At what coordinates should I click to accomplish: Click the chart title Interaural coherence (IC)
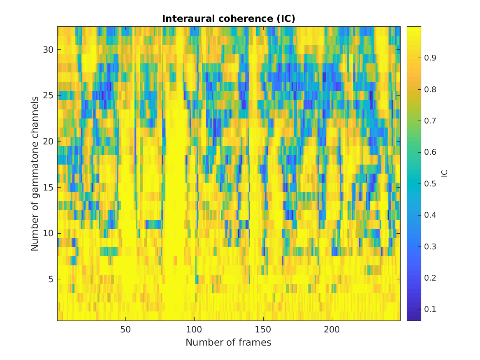[229, 19]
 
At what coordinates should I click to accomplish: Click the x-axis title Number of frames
[228, 342]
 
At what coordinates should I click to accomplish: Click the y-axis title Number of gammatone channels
[35, 174]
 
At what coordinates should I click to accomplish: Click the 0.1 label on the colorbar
[429, 309]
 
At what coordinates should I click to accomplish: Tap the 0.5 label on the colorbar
[429, 183]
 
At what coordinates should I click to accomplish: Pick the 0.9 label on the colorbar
[429, 58]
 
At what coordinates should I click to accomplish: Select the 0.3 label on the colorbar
[429, 246]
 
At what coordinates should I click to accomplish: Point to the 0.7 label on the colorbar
[429, 121]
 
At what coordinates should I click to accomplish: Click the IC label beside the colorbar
[444, 173]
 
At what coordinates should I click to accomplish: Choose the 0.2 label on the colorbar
[429, 278]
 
